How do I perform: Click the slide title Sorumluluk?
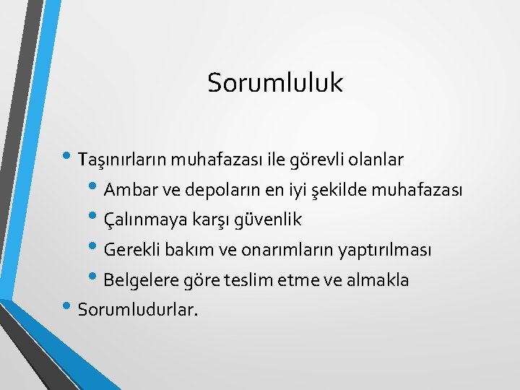click(x=274, y=83)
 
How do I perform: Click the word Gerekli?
click(x=131, y=251)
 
